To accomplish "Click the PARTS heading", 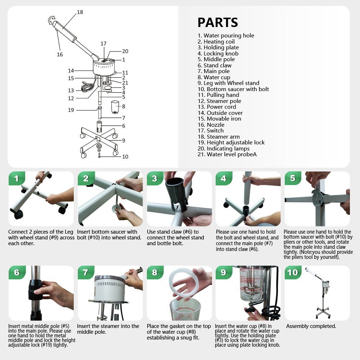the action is coord(218,22).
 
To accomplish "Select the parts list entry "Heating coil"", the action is coord(216,41).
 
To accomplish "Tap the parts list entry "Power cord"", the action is coord(217,107).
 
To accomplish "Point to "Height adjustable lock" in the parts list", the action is coord(231,143).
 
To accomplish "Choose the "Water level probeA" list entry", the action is coord(227,154).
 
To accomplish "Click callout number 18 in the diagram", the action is coord(80,12).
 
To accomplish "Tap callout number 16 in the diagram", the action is coord(60,54).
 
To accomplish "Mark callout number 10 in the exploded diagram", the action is coord(125,157).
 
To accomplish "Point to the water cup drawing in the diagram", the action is coord(115,107).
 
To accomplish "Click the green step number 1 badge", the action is coord(16,179).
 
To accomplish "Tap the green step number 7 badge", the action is coord(86,273).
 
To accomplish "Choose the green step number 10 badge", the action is coord(293,273).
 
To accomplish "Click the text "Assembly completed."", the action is coord(311,326).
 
